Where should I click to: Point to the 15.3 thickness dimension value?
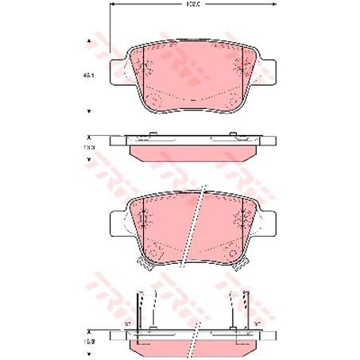click(89, 148)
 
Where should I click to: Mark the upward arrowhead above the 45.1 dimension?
click(89, 41)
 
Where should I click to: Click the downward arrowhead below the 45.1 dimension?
click(89, 111)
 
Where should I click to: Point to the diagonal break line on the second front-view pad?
click(192, 226)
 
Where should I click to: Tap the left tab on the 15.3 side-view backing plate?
click(150, 134)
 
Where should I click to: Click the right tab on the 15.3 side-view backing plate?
click(231, 134)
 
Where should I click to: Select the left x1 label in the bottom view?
click(126, 324)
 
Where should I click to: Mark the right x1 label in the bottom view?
click(258, 324)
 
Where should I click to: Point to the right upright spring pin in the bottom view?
click(233, 310)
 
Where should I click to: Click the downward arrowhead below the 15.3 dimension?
click(89, 160)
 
